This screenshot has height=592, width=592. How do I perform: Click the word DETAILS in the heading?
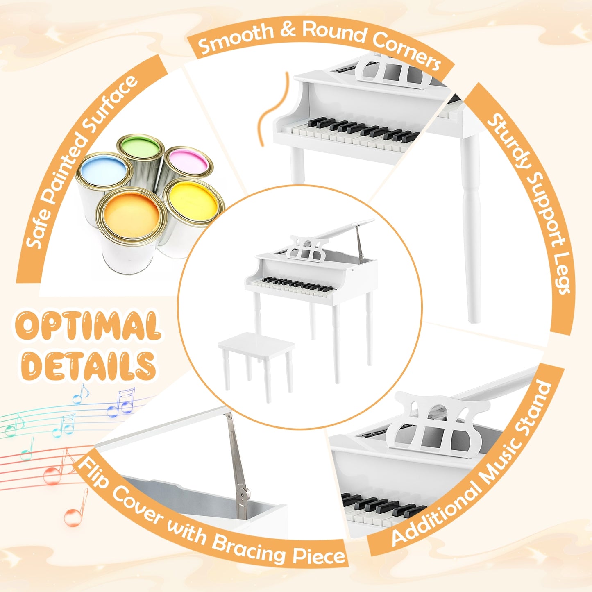[88, 365]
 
